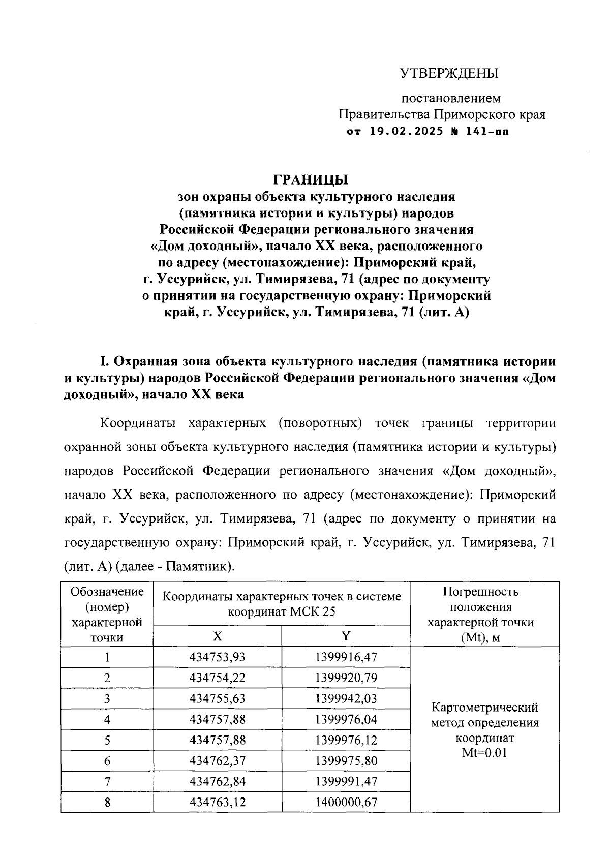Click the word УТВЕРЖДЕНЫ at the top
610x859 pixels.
click(x=449, y=74)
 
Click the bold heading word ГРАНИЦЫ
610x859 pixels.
click(x=311, y=180)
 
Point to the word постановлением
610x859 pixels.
click(x=451, y=98)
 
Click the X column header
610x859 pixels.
click(x=217, y=636)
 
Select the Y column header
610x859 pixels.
click(x=346, y=636)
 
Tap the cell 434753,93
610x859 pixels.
click(x=217, y=657)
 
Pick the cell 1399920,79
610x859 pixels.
click(x=346, y=678)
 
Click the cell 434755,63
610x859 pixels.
click(x=217, y=699)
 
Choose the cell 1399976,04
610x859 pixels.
click(x=346, y=720)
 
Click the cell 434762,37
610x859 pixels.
click(x=217, y=761)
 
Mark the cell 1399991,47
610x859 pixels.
click(x=346, y=782)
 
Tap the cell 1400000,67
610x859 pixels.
click(x=346, y=803)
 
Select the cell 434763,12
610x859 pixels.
click(x=217, y=803)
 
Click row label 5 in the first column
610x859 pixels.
click(x=107, y=741)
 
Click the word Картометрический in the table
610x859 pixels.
click(x=484, y=708)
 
